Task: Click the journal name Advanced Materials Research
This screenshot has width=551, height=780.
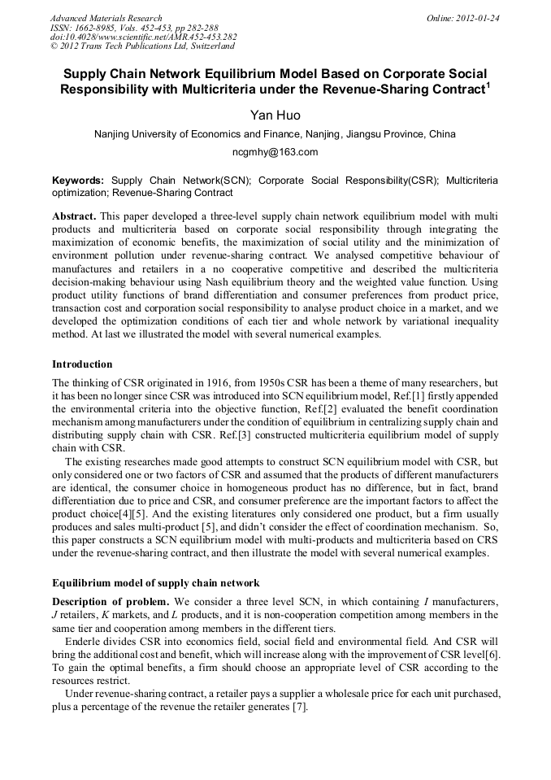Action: [x=106, y=18]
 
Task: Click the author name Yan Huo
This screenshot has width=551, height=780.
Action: [x=275, y=115]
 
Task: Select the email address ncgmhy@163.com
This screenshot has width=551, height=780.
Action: [x=275, y=152]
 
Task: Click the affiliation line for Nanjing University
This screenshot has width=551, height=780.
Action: [x=275, y=134]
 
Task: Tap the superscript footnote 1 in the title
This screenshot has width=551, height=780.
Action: [x=487, y=84]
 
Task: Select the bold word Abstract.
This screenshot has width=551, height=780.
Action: [x=75, y=216]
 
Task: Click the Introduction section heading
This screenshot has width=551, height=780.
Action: [x=82, y=364]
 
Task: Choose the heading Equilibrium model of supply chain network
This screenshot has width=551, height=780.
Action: [x=156, y=582]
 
